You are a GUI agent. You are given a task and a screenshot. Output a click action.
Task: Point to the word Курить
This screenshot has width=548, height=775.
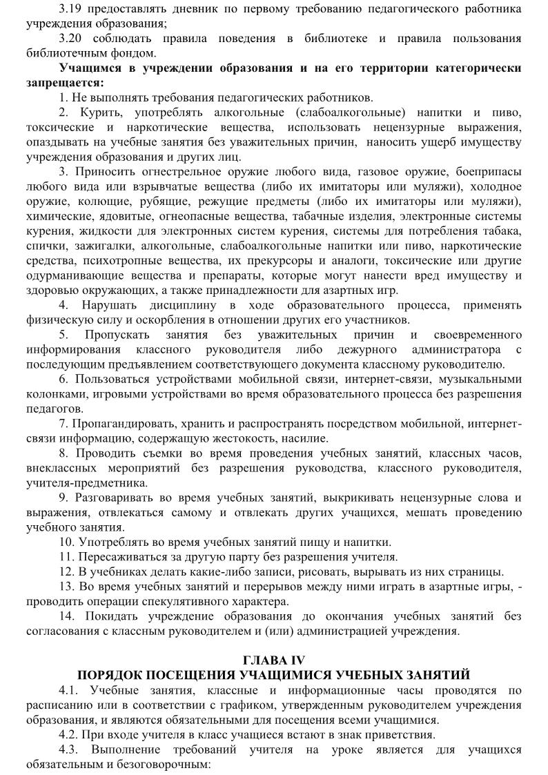click(105, 112)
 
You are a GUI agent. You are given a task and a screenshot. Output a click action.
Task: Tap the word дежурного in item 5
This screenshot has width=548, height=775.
click(373, 350)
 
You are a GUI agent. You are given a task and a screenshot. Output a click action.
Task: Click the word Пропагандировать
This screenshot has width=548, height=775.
click(121, 424)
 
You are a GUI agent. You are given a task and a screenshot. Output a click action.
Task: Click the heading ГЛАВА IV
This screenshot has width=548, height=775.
click(273, 660)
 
